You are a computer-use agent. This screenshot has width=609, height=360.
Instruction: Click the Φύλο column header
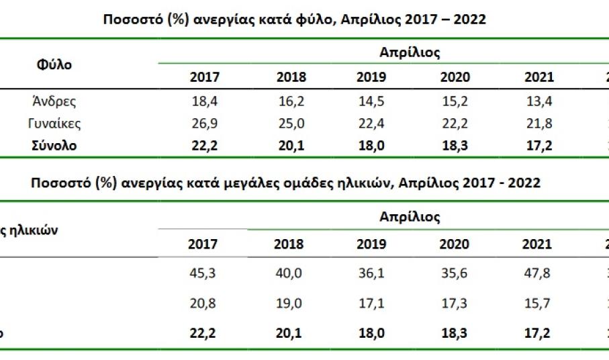(54, 64)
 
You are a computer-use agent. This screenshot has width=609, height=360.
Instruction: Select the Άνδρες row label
(54, 101)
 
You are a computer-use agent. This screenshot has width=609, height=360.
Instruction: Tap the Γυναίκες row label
(54, 124)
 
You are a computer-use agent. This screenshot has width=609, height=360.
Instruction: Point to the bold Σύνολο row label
(54, 146)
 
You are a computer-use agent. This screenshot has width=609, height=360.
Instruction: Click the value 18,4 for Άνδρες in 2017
(204, 101)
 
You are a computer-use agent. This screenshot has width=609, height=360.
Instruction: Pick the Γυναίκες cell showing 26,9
(204, 124)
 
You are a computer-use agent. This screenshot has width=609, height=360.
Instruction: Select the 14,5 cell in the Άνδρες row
(371, 101)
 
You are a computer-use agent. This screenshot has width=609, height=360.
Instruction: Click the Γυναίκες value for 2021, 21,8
(538, 124)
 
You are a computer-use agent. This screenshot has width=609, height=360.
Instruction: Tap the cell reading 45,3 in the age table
(204, 273)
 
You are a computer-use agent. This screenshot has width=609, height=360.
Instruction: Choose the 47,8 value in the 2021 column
(538, 273)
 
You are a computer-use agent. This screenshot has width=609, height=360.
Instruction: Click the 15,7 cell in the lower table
(538, 304)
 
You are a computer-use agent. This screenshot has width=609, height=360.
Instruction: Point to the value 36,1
(371, 273)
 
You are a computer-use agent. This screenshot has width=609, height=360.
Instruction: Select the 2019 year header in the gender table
(371, 77)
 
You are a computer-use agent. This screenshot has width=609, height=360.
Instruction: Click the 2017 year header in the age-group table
(204, 244)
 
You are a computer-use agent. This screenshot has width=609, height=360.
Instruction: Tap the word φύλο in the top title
(317, 19)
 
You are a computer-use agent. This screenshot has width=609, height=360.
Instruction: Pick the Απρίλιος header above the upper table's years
(410, 52)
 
